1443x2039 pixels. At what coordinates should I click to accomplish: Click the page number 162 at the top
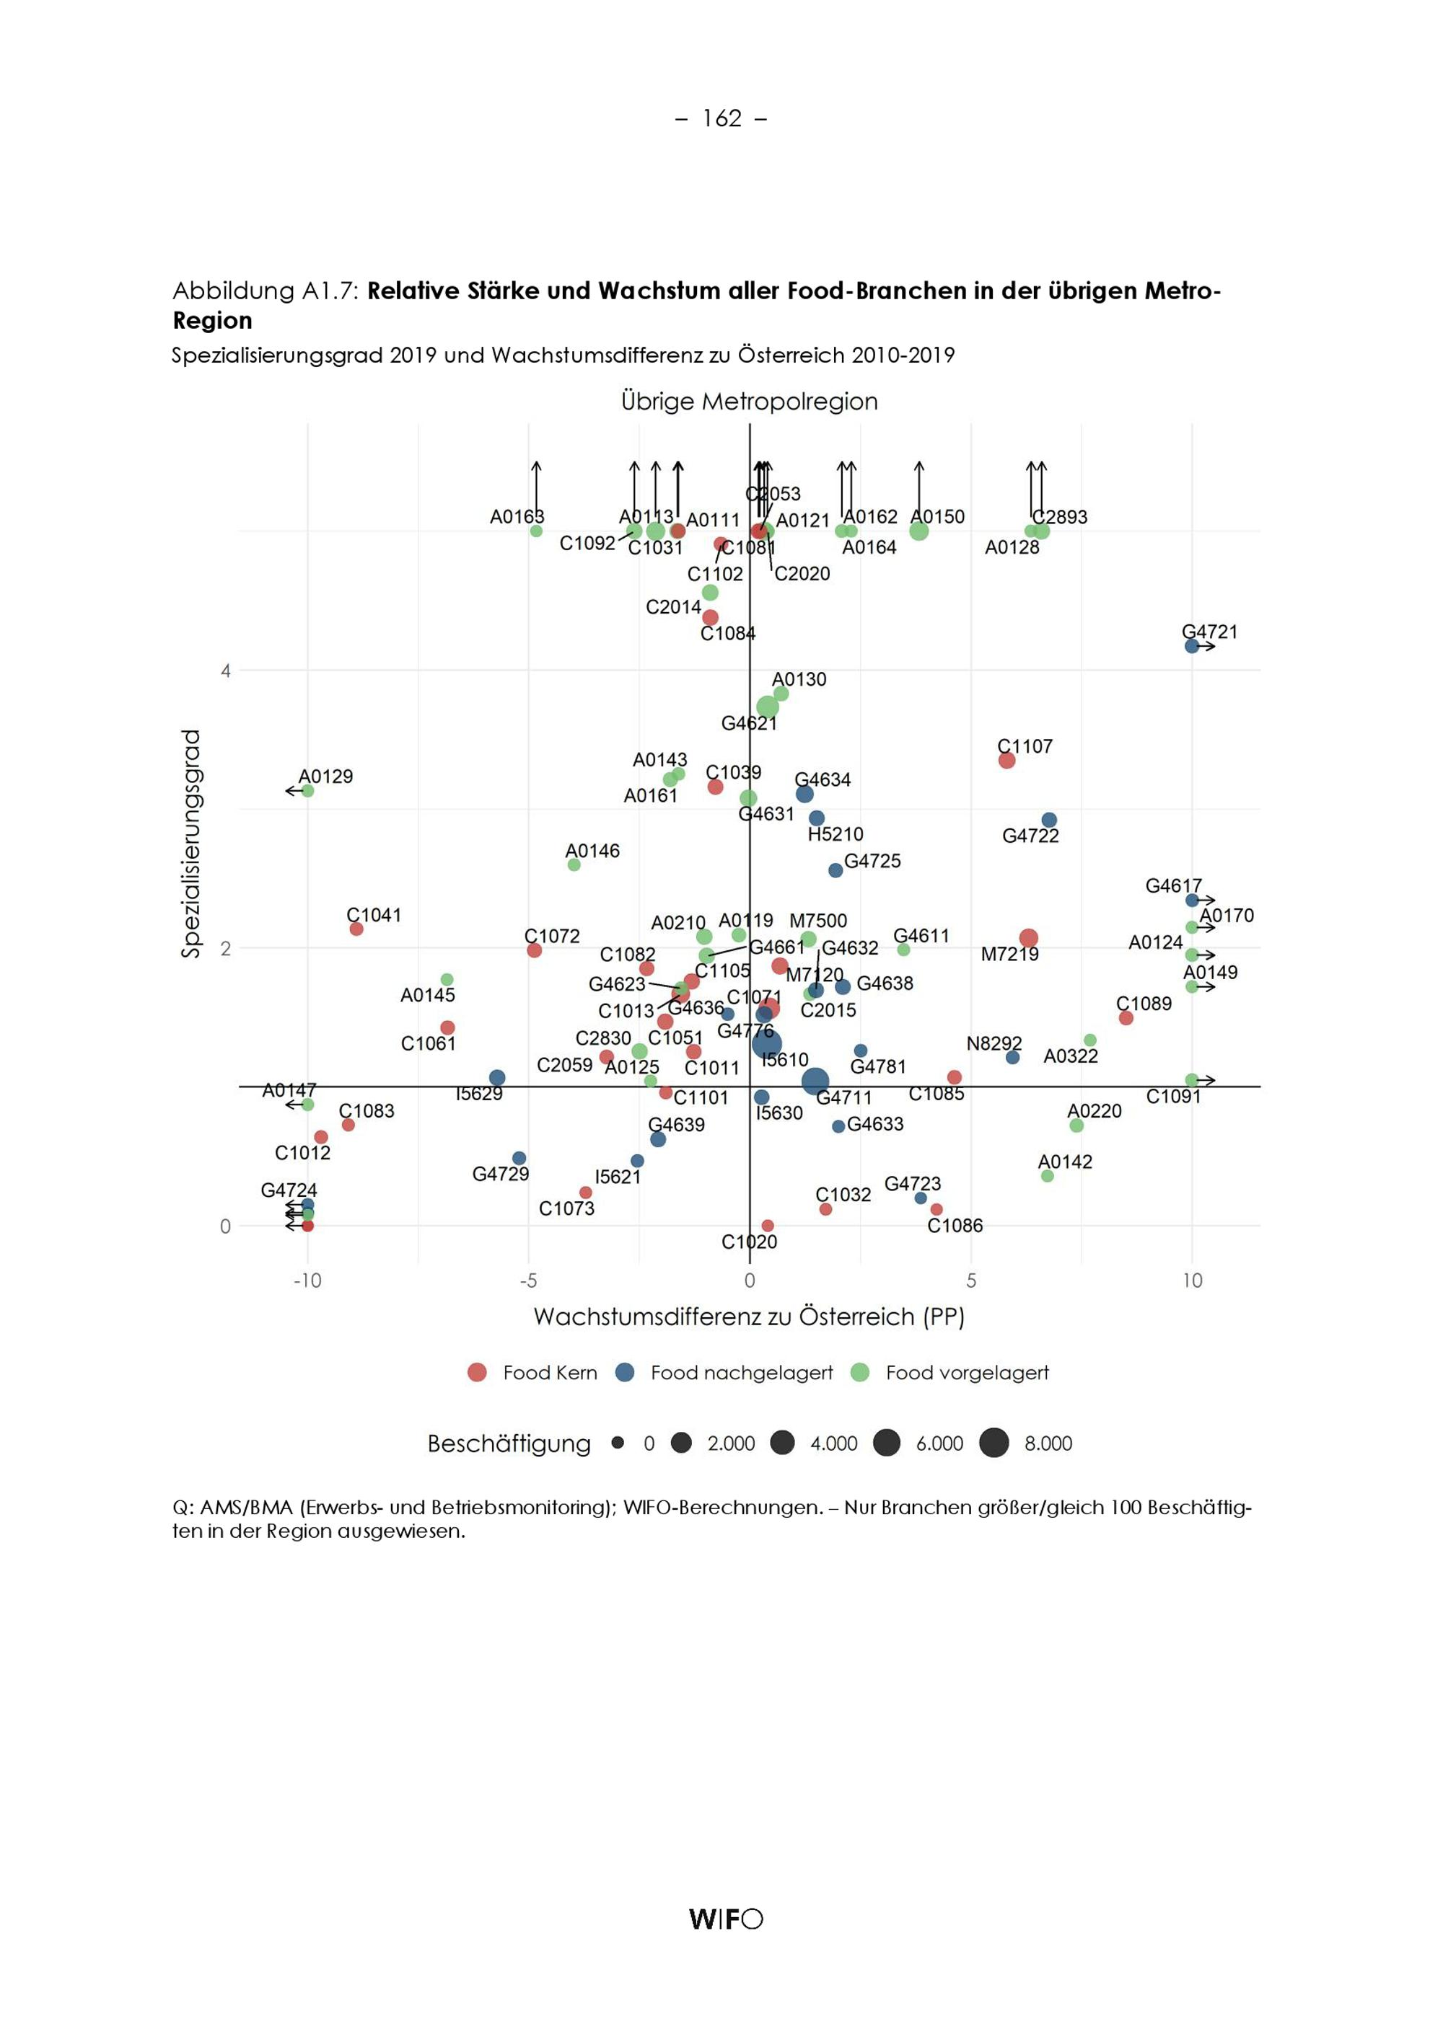click(x=721, y=118)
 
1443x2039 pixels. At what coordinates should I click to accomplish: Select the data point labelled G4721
click(x=1191, y=645)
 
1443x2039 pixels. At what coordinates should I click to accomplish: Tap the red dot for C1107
click(x=1006, y=760)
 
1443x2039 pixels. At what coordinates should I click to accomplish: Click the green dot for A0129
click(x=307, y=790)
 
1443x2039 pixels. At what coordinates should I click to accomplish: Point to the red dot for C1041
click(x=356, y=929)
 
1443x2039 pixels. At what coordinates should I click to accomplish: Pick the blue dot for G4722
click(x=1049, y=820)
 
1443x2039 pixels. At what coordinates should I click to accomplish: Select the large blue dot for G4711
click(x=815, y=1082)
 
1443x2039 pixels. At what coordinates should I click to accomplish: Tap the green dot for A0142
click(x=1048, y=1176)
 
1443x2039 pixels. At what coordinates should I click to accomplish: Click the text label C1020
click(x=749, y=1242)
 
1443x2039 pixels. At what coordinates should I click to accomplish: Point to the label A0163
click(x=517, y=517)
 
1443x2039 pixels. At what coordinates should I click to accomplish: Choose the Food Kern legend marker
click(x=477, y=1372)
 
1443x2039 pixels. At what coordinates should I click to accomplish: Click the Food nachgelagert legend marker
click(x=626, y=1372)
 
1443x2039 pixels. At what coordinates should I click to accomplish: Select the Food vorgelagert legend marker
click(x=860, y=1372)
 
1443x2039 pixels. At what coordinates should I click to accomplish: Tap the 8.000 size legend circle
click(x=994, y=1443)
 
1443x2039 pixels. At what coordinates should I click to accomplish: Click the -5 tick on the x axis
click(x=529, y=1281)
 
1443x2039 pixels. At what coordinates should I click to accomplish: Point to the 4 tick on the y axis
click(x=226, y=671)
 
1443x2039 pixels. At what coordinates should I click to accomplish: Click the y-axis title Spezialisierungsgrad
click(x=191, y=844)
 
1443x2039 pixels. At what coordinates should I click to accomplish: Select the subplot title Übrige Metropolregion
click(x=749, y=402)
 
